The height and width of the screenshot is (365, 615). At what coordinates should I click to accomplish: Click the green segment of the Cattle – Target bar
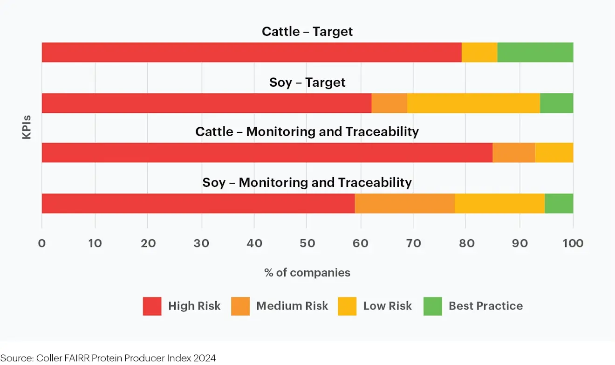coord(535,52)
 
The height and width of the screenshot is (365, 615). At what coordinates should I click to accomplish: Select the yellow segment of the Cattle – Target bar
coord(479,52)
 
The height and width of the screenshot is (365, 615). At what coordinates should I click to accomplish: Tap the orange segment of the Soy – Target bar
coord(389,103)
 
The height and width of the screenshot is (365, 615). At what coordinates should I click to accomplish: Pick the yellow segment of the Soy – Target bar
coord(473,103)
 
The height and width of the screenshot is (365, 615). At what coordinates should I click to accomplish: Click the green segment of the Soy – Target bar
coord(556,103)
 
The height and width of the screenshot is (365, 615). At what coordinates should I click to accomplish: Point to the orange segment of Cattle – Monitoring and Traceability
coord(513,152)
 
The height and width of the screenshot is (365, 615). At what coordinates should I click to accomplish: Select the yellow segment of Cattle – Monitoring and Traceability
coord(554,152)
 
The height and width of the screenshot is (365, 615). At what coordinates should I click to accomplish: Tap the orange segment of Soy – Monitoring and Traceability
coord(404,203)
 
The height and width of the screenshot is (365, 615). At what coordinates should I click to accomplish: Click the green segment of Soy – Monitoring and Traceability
coord(559,203)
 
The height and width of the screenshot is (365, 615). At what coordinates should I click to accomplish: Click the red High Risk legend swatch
coord(152,306)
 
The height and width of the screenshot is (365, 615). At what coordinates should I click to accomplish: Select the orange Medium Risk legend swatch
coord(240,306)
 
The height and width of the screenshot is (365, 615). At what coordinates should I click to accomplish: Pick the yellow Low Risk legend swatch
coord(347,306)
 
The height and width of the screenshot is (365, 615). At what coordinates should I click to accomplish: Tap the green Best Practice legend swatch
coord(432,306)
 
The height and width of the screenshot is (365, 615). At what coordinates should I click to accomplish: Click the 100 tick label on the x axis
coord(573,243)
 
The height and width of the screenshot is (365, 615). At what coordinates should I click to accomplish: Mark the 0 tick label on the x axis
coord(42,243)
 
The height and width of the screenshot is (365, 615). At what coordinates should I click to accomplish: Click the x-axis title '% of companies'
coord(307,273)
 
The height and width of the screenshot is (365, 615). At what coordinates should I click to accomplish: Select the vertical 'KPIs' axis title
coord(27,127)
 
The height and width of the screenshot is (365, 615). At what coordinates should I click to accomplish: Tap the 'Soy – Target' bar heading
coord(307,83)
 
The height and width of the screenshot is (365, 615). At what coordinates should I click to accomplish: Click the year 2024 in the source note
coord(205,358)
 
